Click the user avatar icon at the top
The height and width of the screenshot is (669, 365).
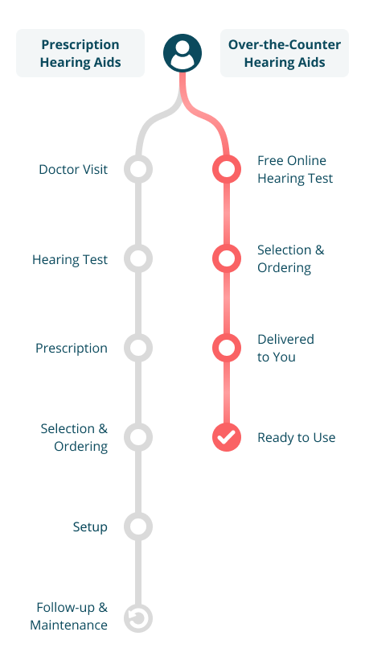coord(182,53)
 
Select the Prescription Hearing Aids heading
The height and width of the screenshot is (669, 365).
coord(80,53)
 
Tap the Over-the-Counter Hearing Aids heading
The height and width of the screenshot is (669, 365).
coord(285,53)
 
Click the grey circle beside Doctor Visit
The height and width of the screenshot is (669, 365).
coord(138,169)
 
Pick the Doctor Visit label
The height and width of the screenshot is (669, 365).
coord(73,169)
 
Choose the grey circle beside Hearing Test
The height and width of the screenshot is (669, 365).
coord(138,258)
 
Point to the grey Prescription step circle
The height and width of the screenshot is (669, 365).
coord(138,348)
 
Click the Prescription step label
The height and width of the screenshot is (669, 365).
coord(71,349)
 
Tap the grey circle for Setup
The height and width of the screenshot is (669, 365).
coord(138,526)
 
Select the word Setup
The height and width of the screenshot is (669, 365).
coord(90,527)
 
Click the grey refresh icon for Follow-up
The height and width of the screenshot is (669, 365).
coord(138,618)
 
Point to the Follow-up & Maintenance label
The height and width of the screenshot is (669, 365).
coord(68,616)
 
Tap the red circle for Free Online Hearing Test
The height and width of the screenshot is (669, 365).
coord(227,169)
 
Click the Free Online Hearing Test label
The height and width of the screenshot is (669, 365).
coord(295,169)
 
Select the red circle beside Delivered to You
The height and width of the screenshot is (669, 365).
coord(227,348)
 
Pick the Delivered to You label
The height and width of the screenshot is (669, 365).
coord(285,348)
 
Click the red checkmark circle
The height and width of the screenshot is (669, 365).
coord(227,437)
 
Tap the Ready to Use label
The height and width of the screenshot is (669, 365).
coord(297,438)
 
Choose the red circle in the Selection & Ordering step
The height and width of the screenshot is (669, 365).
coord(227,258)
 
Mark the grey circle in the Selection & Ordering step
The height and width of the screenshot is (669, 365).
coord(138,437)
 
